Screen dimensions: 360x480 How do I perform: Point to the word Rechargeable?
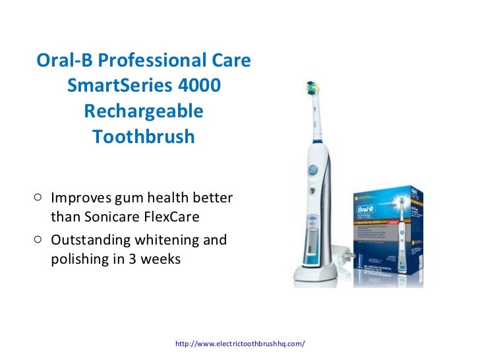[144, 111]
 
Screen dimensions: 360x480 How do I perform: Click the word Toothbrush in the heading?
[144, 137]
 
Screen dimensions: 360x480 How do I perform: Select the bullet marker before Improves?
[38, 197]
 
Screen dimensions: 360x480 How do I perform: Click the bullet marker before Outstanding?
[38, 239]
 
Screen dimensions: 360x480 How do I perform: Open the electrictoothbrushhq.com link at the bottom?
[239, 344]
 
